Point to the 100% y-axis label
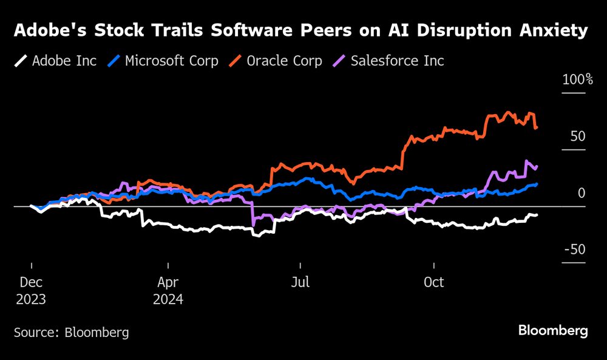(577, 80)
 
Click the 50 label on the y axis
(578, 137)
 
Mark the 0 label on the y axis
(582, 193)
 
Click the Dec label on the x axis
(31, 283)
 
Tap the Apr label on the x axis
(168, 283)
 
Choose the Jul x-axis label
(300, 283)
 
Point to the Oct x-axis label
(434, 283)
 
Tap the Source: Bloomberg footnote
(72, 332)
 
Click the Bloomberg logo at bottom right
(553, 331)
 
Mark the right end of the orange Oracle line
(537, 127)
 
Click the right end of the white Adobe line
(537, 215)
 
